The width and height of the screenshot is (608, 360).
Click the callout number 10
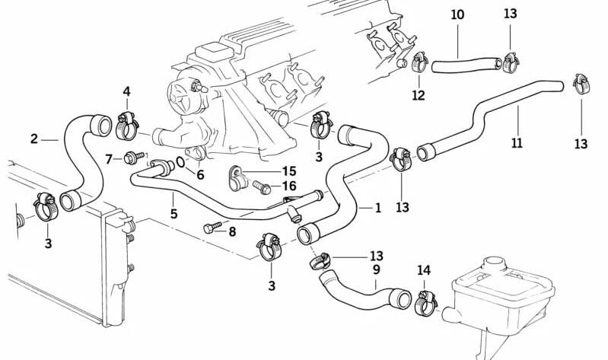click(x=457, y=14)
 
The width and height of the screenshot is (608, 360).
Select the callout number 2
click(x=34, y=139)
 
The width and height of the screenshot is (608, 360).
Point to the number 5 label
click(x=173, y=215)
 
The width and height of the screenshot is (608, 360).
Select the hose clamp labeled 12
click(x=419, y=64)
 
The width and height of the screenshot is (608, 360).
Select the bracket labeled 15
click(x=237, y=178)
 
